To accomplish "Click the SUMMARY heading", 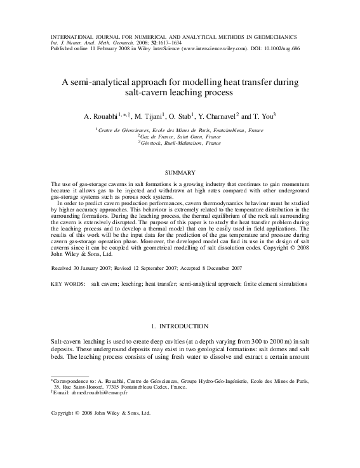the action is pos(180,172).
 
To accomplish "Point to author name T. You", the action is pos(261,117).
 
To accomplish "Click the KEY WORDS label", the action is pos(67,285).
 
